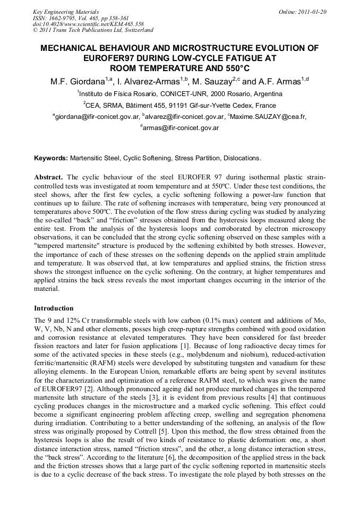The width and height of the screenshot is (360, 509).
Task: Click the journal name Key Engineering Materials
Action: [x=66, y=12]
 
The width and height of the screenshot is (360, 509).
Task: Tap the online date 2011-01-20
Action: [x=310, y=12]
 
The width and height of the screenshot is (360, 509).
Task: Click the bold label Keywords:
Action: [x=51, y=158]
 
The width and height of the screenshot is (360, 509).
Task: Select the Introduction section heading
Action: [x=54, y=308]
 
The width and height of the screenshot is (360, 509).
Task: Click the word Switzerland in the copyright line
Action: [x=135, y=30]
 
